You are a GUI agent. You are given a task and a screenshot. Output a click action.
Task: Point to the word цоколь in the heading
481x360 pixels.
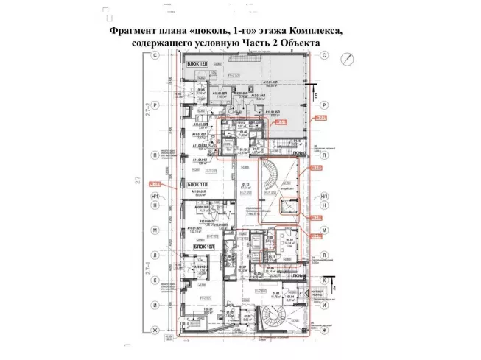point(212,33)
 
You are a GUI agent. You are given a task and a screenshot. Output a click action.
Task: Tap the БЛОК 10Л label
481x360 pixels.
point(203,247)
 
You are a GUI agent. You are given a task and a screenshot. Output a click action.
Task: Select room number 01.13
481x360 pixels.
point(247,184)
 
